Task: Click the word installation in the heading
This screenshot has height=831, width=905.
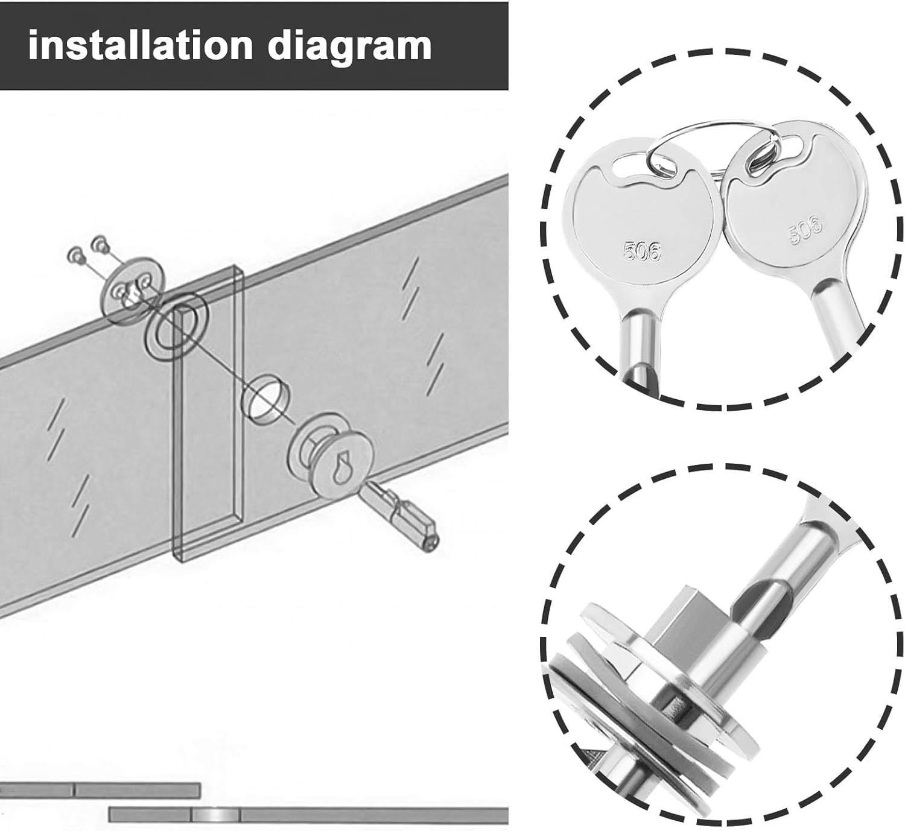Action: tap(141, 45)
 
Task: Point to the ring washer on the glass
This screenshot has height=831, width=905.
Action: tap(176, 325)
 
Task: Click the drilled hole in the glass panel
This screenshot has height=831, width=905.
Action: tap(265, 399)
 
